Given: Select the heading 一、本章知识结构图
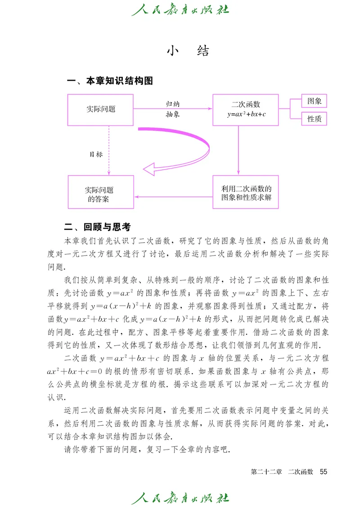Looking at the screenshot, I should [x=110, y=81].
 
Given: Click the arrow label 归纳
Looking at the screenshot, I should [x=172, y=103].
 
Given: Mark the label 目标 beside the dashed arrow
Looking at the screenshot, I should [x=96, y=154].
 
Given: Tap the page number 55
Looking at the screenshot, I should [x=323, y=472].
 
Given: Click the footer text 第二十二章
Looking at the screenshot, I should [x=266, y=472].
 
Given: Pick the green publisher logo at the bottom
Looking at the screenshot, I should [x=180, y=498].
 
